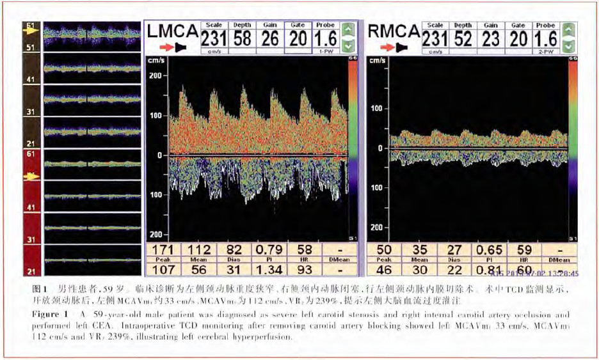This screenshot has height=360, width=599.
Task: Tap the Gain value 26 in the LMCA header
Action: (269, 39)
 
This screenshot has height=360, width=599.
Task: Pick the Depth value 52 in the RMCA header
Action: (463, 39)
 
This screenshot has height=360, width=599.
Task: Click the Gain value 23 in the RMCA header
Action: (491, 39)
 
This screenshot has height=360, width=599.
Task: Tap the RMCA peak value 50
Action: (384, 248)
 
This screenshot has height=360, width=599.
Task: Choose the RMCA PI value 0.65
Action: (490, 248)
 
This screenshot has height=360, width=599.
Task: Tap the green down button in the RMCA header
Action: (568, 45)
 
